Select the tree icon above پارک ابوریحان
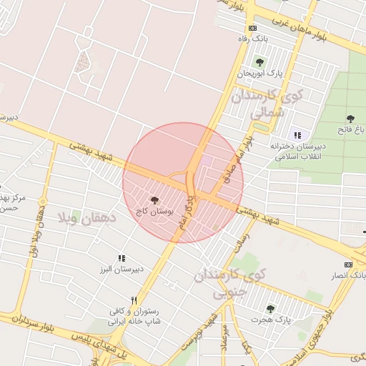[259, 62]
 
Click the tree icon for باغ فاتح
[350, 119]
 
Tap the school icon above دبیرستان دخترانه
[297, 135]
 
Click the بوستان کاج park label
[154, 212]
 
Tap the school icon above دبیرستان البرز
[122, 258]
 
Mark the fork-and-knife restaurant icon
[134, 300]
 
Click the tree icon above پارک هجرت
[269, 308]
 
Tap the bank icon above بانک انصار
[348, 264]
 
